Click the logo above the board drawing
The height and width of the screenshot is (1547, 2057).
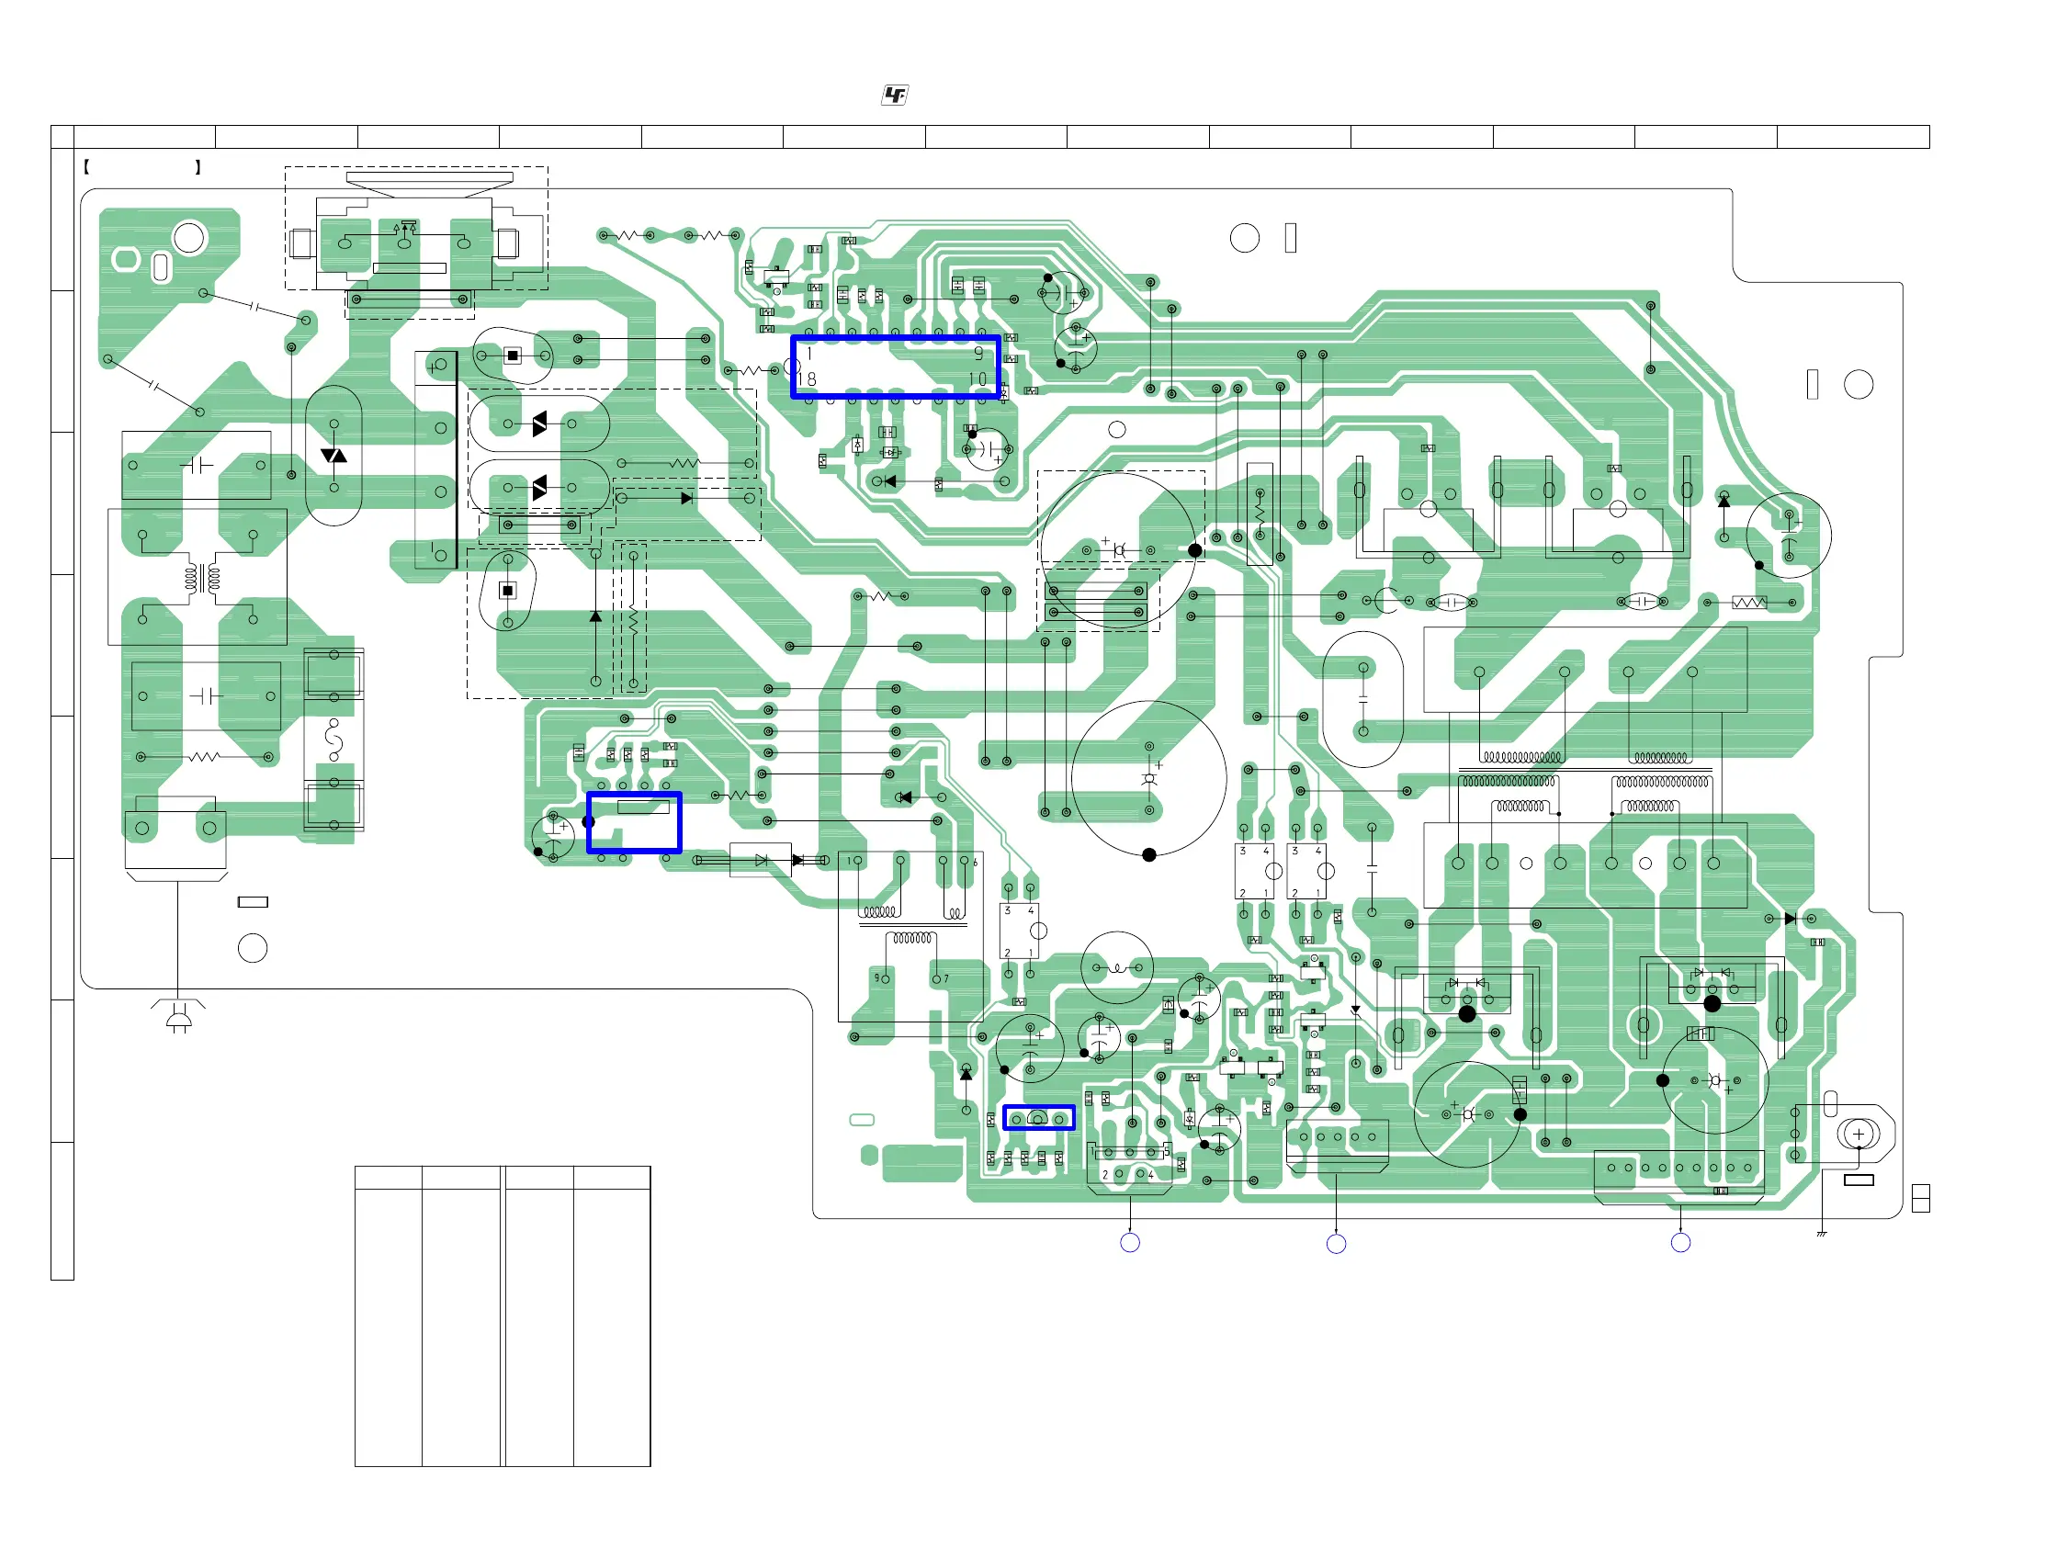895,95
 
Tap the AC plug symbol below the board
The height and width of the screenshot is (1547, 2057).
177,1018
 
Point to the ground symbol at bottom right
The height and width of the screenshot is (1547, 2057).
1822,1234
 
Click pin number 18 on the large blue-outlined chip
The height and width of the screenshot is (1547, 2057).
808,379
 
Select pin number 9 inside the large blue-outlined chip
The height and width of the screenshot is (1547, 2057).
978,354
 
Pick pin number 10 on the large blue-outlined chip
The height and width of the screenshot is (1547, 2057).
978,379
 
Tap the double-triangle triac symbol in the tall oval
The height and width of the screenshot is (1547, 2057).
333,456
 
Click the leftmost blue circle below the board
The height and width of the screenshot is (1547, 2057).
1130,1243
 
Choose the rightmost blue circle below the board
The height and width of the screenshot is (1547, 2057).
1680,1243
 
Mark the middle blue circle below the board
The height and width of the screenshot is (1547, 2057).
1337,1244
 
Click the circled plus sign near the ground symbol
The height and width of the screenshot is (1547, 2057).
1859,1135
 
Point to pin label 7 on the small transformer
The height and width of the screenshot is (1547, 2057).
946,979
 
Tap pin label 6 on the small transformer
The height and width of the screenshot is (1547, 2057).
975,863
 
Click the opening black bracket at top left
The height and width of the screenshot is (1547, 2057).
86,167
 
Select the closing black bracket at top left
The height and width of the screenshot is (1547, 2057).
198,167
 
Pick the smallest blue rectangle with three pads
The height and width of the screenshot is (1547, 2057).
1039,1118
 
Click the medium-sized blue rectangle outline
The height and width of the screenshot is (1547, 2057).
634,823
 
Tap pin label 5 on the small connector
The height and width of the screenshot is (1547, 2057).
1167,1151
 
